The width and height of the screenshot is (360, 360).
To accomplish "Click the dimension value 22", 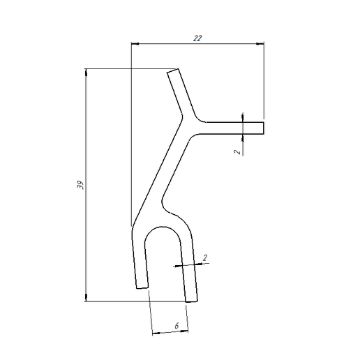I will click(x=197, y=39).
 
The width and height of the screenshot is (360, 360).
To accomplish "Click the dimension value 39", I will click(x=80, y=186).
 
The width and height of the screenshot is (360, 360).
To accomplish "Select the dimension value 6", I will click(x=177, y=326).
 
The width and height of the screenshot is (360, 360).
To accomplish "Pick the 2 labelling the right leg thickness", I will click(x=204, y=258).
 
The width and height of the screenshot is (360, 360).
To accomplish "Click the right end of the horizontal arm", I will click(x=264, y=127).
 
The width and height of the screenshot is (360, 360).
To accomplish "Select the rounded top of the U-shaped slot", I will click(x=165, y=229).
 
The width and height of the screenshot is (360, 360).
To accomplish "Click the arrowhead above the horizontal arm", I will click(x=241, y=117).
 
